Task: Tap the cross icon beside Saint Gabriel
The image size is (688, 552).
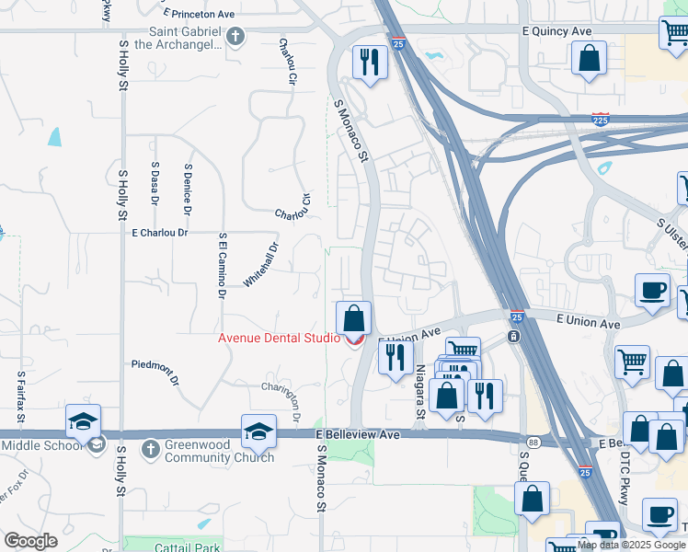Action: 236,37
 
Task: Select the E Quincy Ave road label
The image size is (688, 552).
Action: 556,30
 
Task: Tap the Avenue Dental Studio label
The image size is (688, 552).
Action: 279,338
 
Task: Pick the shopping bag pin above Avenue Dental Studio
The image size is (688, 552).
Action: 353,320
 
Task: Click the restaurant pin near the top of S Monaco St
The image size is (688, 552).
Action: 370,63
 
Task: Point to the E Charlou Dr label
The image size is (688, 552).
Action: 160,233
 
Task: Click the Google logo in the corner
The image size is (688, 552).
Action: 30,541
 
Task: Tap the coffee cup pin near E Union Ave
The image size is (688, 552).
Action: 652,291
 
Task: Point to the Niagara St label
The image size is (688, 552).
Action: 419,387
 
